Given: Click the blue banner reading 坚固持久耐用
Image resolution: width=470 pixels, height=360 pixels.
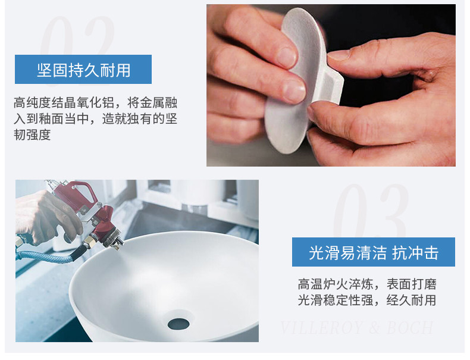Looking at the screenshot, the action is [83, 69].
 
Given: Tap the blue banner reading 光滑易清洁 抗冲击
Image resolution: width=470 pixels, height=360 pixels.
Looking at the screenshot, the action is [374, 252].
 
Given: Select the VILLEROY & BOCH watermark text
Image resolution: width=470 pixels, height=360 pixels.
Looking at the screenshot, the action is [357, 328].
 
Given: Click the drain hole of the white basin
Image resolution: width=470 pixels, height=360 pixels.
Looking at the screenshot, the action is [178, 324].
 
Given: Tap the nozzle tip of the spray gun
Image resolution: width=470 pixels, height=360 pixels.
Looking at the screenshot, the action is [121, 242].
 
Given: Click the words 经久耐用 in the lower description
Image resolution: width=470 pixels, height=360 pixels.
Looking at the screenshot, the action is [411, 300].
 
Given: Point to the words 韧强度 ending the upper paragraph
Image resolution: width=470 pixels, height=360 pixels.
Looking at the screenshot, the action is [32, 134].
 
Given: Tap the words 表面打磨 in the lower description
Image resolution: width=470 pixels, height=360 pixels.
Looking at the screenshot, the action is [411, 284].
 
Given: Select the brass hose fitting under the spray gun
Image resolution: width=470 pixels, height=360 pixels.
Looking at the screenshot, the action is [90, 242].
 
